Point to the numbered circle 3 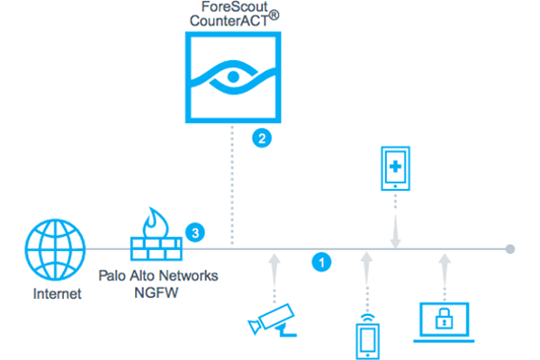point(193,232)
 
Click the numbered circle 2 point(260,139)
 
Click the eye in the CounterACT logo point(233,76)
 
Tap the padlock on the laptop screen point(443,319)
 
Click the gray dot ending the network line point(510,248)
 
